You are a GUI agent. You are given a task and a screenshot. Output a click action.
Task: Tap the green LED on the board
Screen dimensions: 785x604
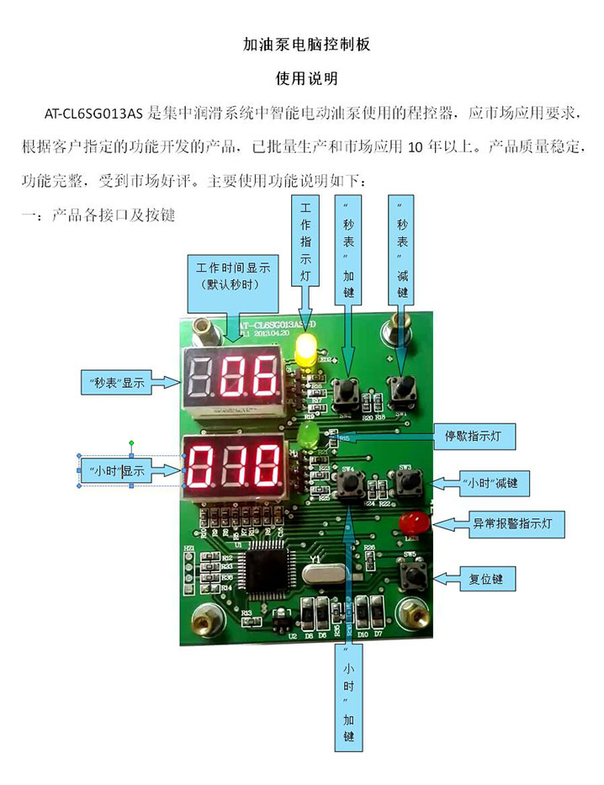[x=306, y=434]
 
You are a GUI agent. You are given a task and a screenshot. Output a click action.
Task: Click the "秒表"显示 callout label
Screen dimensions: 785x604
[x=117, y=383]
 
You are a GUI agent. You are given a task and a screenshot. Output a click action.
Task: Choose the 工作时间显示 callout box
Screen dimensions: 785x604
[x=232, y=276]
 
